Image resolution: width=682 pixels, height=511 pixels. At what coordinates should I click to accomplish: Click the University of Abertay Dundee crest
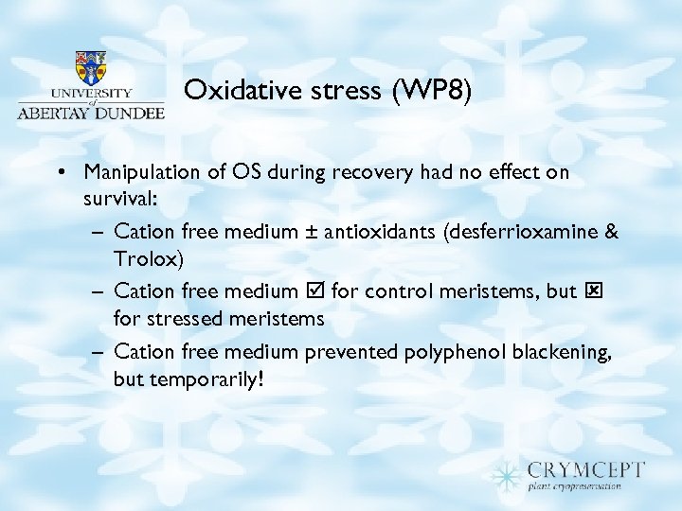91,67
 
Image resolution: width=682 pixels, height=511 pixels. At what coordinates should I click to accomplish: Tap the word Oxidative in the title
230,90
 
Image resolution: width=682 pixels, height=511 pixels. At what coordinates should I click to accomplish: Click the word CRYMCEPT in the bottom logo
586,469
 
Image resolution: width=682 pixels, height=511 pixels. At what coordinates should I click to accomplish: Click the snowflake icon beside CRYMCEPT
508,473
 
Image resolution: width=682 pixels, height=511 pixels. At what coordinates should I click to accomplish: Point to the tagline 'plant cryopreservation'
574,486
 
